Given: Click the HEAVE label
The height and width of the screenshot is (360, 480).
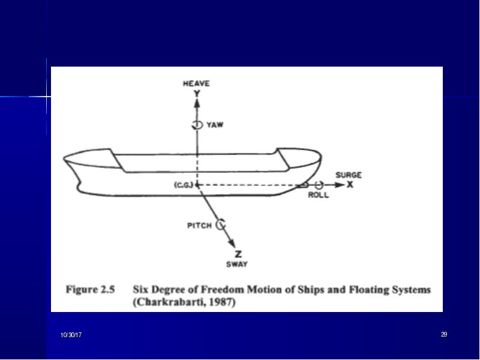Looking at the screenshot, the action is [196, 83].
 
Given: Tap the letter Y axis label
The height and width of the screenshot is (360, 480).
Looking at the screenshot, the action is [197, 94].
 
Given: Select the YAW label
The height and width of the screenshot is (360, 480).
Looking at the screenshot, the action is [215, 125].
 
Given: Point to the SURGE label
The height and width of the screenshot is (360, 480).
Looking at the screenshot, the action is [349, 175].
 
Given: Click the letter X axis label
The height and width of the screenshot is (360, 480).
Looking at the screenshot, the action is [350, 185].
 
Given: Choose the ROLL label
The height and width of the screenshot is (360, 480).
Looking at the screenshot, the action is [319, 195].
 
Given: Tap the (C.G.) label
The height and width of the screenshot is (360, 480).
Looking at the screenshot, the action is [184, 185].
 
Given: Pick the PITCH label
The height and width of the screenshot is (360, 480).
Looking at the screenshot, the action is [199, 226].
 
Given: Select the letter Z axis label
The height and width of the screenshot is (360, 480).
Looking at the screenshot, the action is [238, 254].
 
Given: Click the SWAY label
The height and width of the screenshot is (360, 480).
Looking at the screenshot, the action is [237, 264].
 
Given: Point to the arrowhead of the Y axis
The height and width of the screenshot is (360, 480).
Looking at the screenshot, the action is [197, 103].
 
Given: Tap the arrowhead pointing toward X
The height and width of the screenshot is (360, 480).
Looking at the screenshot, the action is [340, 185].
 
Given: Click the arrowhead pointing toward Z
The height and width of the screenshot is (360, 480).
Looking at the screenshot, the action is [232, 243].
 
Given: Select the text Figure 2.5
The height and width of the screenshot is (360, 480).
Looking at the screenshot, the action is [91, 289].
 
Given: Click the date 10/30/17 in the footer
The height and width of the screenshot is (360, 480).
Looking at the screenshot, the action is [71, 335].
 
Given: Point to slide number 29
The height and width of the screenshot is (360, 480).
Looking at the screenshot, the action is [444, 334].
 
